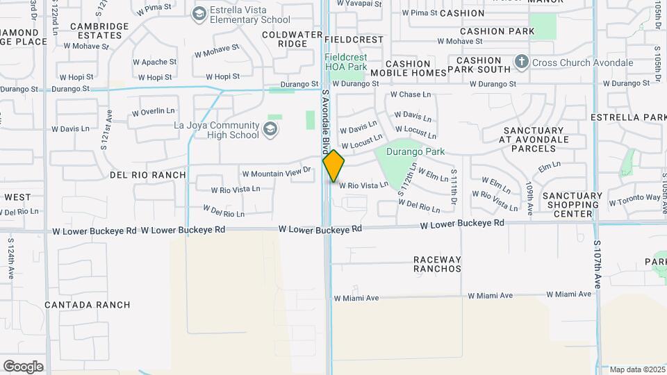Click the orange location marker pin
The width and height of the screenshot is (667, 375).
pyautogui.click(x=333, y=166)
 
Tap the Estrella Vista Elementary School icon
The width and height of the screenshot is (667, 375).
pyautogui.click(x=200, y=14)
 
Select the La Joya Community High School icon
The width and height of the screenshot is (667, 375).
pyautogui.click(x=270, y=129)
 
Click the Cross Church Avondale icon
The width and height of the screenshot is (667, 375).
pyautogui.click(x=522, y=63)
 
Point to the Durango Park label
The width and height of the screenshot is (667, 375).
pyautogui.click(x=415, y=151)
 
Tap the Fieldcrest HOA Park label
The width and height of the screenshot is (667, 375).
pyautogui.click(x=347, y=62)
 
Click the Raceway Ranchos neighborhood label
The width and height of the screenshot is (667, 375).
pyautogui.click(x=437, y=264)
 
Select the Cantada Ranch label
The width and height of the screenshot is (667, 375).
pyautogui.click(x=88, y=305)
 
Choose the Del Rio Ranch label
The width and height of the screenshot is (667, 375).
pyautogui.click(x=148, y=175)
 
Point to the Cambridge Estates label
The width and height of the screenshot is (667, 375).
pyautogui.click(x=99, y=31)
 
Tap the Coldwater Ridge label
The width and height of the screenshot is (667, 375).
pyautogui.click(x=284, y=39)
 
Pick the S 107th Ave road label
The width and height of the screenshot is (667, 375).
pyautogui.click(x=597, y=265)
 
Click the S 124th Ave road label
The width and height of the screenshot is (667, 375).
pyautogui.click(x=11, y=258)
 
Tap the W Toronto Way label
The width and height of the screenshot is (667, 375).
pyautogui.click(x=635, y=200)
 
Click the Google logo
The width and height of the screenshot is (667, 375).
pyautogui.click(x=23, y=367)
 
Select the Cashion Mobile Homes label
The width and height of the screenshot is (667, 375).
pyautogui.click(x=408, y=68)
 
